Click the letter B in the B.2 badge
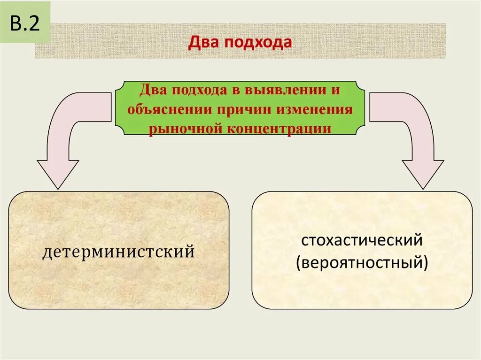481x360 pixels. [x=16, y=24]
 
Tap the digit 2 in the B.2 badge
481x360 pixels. [x=33, y=24]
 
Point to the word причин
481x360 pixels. [x=244, y=109]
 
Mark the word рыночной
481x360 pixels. [x=186, y=128]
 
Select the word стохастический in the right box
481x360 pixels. [x=362, y=241]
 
